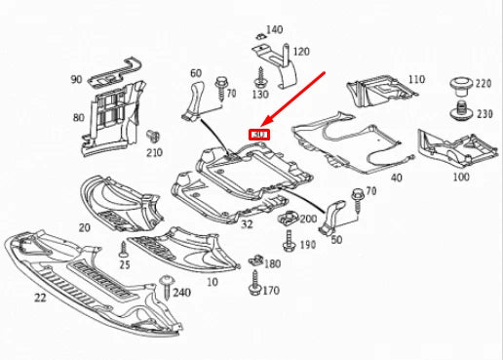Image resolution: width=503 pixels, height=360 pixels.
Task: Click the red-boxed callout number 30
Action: click(258, 134)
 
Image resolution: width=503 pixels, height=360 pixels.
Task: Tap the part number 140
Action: click(274, 30)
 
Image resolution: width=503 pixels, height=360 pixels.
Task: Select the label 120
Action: click(301, 51)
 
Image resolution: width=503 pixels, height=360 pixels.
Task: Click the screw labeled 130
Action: click(260, 76)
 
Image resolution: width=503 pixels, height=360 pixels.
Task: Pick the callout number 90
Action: click(76, 78)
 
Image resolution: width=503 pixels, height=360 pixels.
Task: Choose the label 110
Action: click(417, 79)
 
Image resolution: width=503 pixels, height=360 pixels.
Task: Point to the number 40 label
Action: click(396, 178)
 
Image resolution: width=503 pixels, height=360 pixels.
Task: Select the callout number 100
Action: click(461, 178)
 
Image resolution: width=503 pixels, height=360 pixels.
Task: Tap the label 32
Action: click(248, 223)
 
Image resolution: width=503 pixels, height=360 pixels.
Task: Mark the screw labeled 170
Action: click(255, 286)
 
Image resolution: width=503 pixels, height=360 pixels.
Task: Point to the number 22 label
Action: click(41, 297)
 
